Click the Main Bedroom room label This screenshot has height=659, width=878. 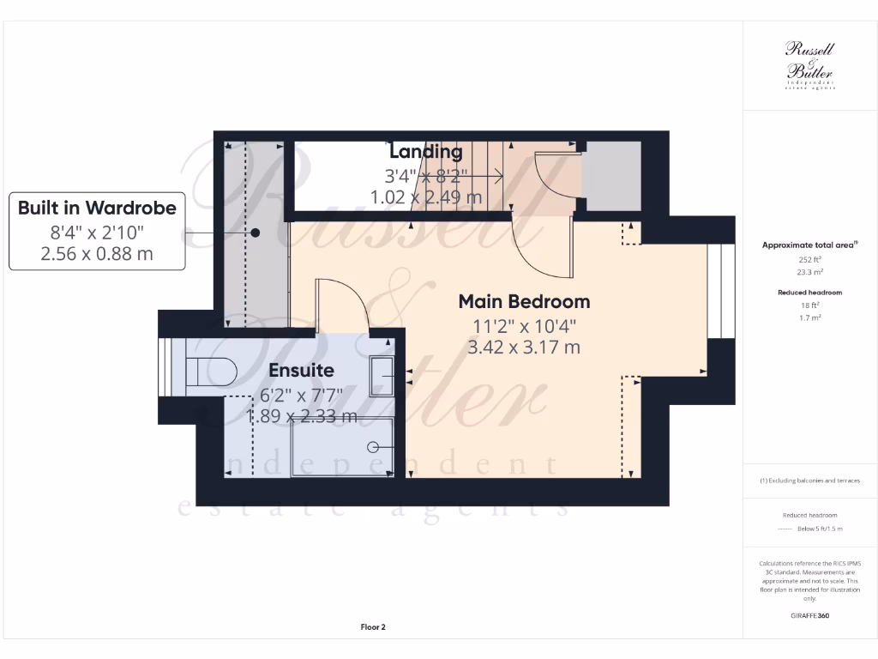click(x=524, y=302)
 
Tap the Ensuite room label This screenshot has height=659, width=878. click(x=301, y=371)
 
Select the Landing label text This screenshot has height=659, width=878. click(x=426, y=152)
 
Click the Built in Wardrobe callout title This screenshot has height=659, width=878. click(x=97, y=208)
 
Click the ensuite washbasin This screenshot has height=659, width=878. click(x=382, y=372)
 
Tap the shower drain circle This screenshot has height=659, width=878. click(x=373, y=447)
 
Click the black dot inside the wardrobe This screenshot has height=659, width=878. click(x=256, y=233)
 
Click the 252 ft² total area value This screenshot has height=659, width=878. click(x=810, y=260)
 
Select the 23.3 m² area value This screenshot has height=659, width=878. click(x=810, y=271)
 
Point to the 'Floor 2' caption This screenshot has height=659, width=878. click(x=373, y=627)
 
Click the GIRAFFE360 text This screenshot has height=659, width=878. click(x=810, y=615)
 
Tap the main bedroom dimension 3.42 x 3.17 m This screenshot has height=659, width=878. click(x=524, y=348)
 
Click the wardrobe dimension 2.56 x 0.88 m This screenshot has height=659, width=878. click(x=97, y=253)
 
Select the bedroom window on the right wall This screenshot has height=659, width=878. click(x=721, y=292)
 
